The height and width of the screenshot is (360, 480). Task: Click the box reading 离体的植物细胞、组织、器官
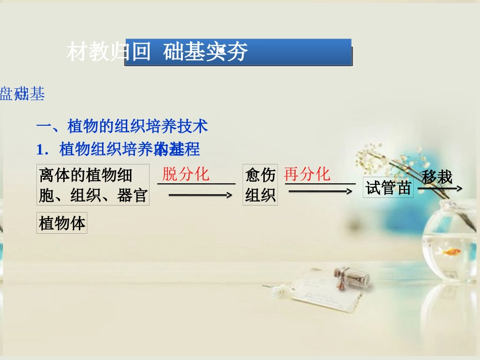click(93, 184)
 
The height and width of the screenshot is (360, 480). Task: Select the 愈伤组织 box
click(260, 184)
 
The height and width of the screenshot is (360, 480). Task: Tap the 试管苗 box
click(388, 188)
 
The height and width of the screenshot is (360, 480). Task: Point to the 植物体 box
click(62, 223)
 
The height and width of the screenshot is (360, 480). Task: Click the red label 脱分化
click(185, 175)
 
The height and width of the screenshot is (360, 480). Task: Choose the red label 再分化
click(307, 175)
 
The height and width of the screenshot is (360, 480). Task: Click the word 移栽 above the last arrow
click(437, 177)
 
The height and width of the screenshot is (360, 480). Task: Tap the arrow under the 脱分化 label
click(200, 194)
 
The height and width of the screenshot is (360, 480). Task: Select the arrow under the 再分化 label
click(320, 191)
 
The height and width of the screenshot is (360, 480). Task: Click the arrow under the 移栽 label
click(440, 189)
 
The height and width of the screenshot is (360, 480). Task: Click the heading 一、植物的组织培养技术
click(122, 126)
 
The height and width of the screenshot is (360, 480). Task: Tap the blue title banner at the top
click(238, 52)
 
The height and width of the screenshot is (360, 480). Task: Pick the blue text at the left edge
click(22, 94)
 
